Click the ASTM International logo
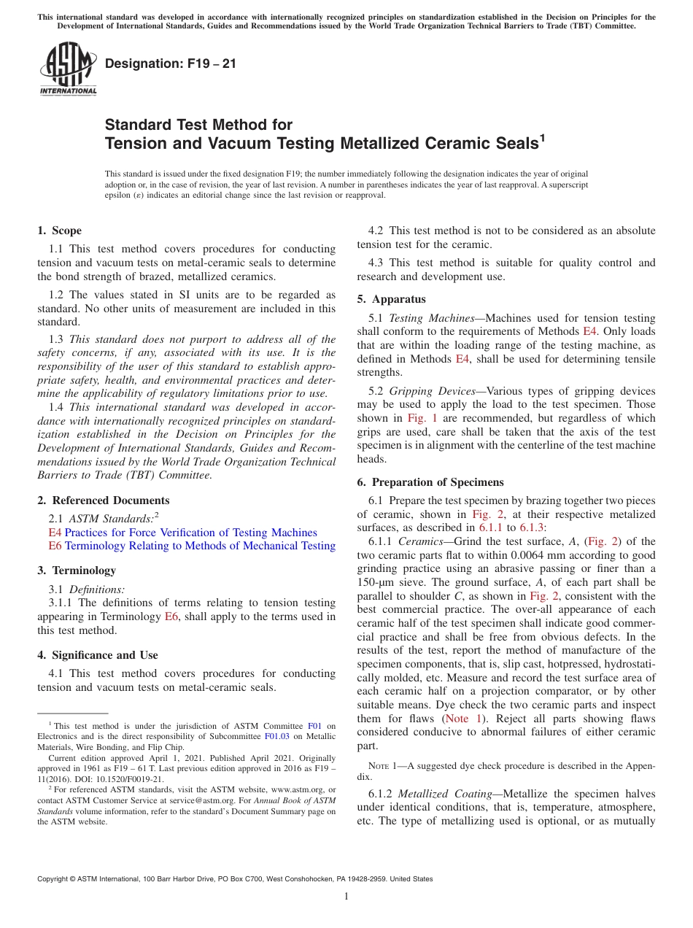[x=67, y=69]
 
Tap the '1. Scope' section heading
[x=59, y=231]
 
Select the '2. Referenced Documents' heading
[x=103, y=500]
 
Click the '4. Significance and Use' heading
[x=98, y=655]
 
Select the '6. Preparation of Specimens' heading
[x=430, y=482]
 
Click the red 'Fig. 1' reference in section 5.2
[x=424, y=418]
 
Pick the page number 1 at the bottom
[x=346, y=896]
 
